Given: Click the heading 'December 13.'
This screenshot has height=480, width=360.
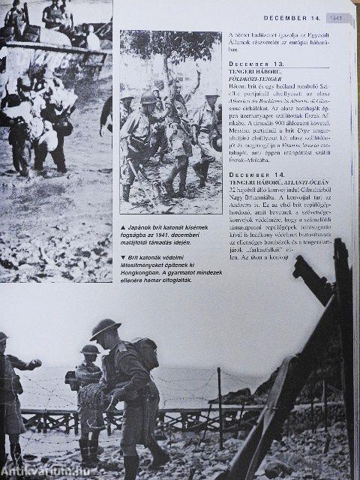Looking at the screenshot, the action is (x=254, y=64).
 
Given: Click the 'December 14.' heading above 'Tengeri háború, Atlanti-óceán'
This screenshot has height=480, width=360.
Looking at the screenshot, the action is (x=254, y=173).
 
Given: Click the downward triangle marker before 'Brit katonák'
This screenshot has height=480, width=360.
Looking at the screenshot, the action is (x=124, y=257).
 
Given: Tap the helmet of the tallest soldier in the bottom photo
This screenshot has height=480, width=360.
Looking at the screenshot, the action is (x=106, y=328).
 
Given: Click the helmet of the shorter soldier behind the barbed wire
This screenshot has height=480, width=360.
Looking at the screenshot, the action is (x=88, y=349).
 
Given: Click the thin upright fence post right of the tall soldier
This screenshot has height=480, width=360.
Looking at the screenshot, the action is (x=218, y=409).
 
